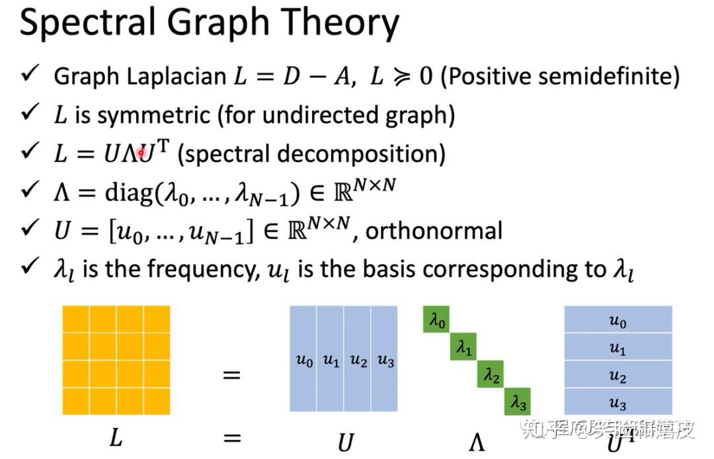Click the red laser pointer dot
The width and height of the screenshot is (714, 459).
[141, 153]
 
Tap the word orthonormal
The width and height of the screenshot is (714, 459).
[434, 231]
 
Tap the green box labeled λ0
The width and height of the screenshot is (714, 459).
[436, 320]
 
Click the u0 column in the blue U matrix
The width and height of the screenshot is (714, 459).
[303, 359]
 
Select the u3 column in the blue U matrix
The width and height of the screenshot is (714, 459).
[385, 359]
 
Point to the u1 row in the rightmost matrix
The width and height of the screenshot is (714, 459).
[617, 348]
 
